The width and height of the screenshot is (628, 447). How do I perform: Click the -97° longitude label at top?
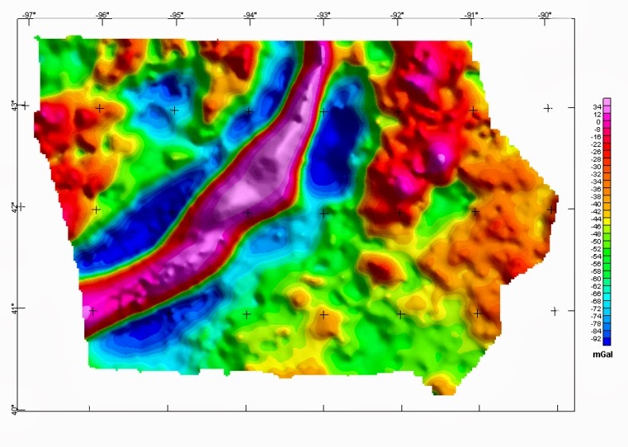point(29,15)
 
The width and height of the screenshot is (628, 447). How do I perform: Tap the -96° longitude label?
point(103,15)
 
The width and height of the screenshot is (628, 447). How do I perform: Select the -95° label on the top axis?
point(176,15)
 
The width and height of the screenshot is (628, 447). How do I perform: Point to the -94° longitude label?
point(250,15)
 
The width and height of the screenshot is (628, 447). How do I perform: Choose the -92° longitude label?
point(397,15)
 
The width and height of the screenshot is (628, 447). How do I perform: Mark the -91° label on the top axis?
point(471,15)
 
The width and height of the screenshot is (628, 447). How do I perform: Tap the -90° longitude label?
point(545,15)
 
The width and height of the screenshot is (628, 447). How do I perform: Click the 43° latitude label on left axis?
point(13,105)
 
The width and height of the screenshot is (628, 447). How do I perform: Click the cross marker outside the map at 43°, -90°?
point(548,108)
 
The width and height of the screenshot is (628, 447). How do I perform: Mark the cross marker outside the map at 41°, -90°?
point(554,310)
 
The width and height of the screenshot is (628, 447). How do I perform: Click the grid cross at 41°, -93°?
point(324,314)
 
